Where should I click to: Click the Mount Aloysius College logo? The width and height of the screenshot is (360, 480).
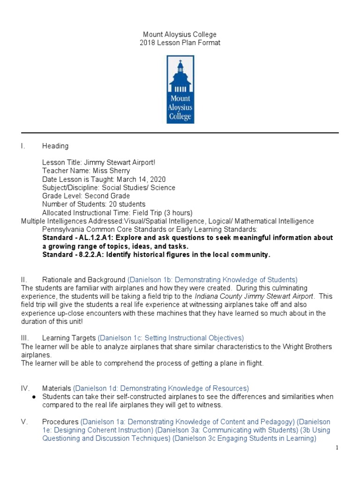180,89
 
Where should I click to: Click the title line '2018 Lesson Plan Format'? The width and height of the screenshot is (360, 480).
180,43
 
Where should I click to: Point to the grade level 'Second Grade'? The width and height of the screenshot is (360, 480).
107,196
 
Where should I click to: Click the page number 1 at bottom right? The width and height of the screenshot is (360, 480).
337,448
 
